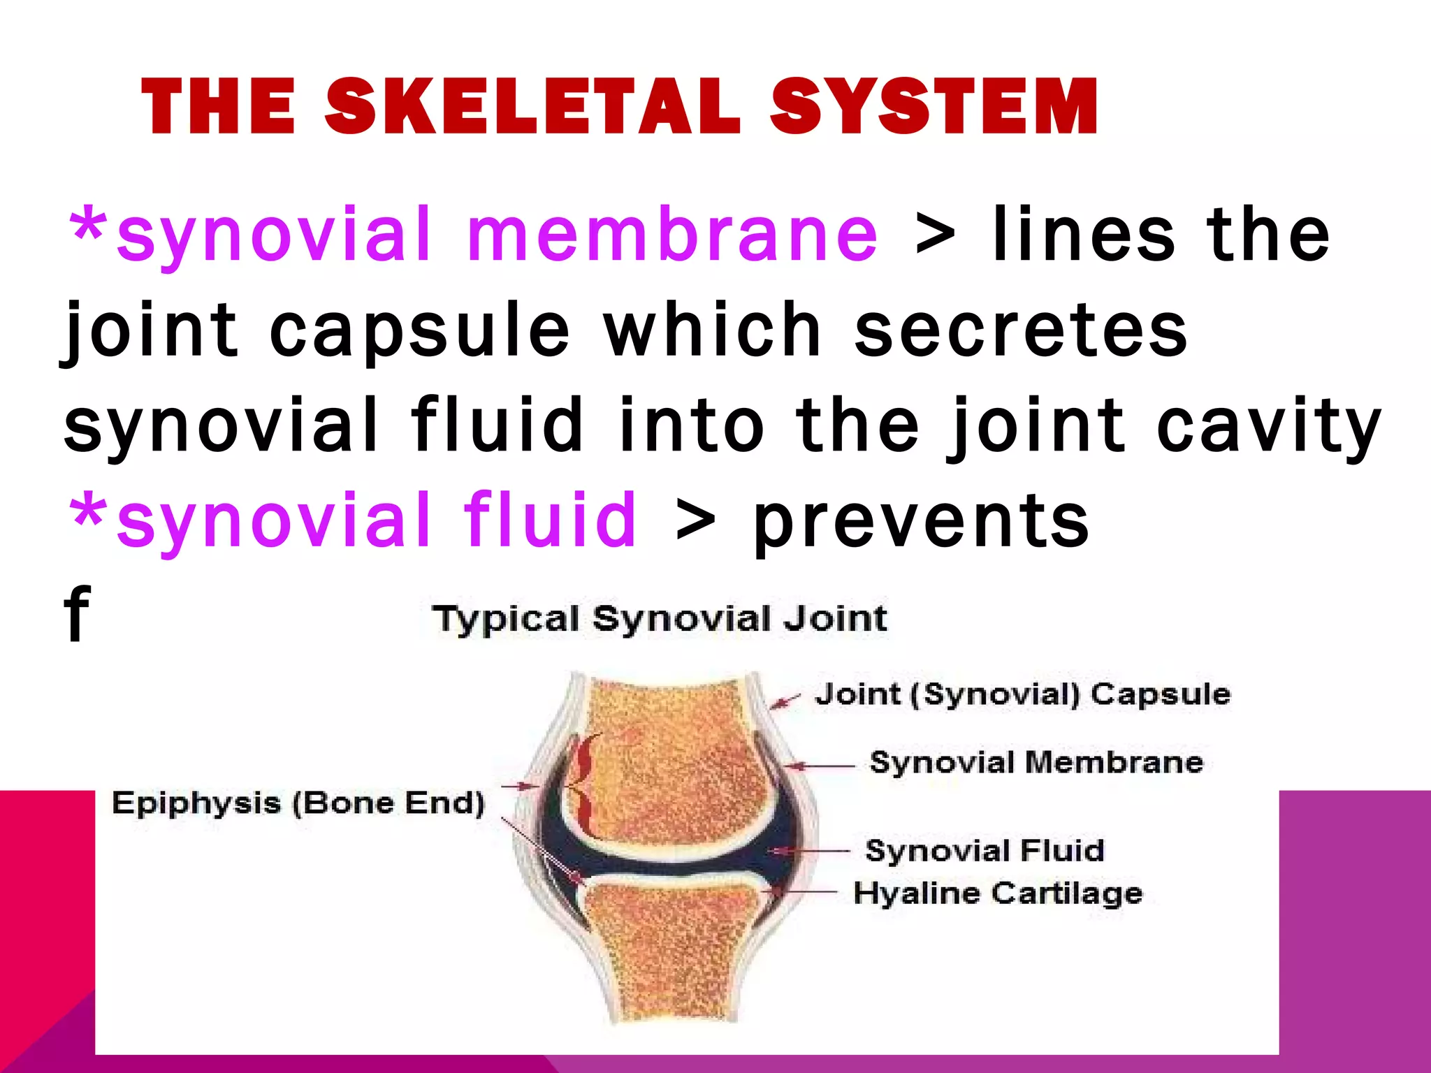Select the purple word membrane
tap(672, 235)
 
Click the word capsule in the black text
tap(419, 332)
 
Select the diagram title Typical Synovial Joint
tap(660, 619)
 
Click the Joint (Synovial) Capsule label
tap(1022, 694)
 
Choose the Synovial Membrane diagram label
tap(1036, 762)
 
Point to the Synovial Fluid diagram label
tap(985, 851)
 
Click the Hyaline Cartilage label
tap(998, 893)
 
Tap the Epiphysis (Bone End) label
tap(298, 803)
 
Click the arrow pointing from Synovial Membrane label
tap(821, 766)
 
